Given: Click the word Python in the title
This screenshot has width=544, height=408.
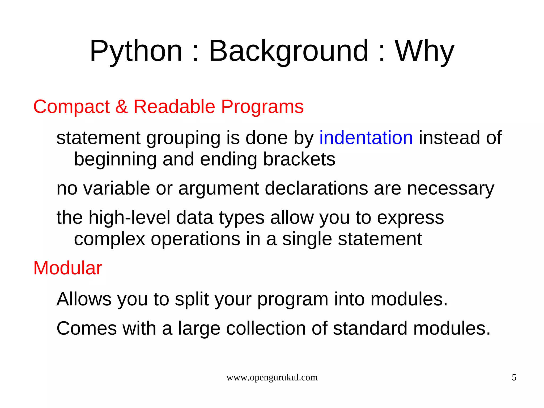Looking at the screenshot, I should [x=136, y=51].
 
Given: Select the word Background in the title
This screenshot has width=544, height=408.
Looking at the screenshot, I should [x=289, y=51].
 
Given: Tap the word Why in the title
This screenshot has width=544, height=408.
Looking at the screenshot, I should [x=424, y=51].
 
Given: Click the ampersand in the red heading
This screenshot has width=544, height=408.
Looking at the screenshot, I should [x=121, y=107].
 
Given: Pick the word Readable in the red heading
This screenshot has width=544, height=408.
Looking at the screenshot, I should [x=174, y=107].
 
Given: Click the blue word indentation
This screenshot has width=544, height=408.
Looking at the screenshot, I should [x=366, y=138].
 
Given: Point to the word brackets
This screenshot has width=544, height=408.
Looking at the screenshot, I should [x=299, y=159].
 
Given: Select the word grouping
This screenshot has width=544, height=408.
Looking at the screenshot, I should [x=183, y=138].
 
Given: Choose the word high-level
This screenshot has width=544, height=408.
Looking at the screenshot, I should [x=129, y=217].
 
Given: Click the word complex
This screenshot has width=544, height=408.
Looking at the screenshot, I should [x=109, y=239].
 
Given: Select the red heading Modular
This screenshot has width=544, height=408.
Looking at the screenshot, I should [x=67, y=268].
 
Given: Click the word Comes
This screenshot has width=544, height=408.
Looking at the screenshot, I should [x=86, y=328].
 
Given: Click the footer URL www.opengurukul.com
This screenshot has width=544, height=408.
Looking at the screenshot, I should [x=272, y=377].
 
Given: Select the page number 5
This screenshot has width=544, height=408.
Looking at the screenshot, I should [x=514, y=377].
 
